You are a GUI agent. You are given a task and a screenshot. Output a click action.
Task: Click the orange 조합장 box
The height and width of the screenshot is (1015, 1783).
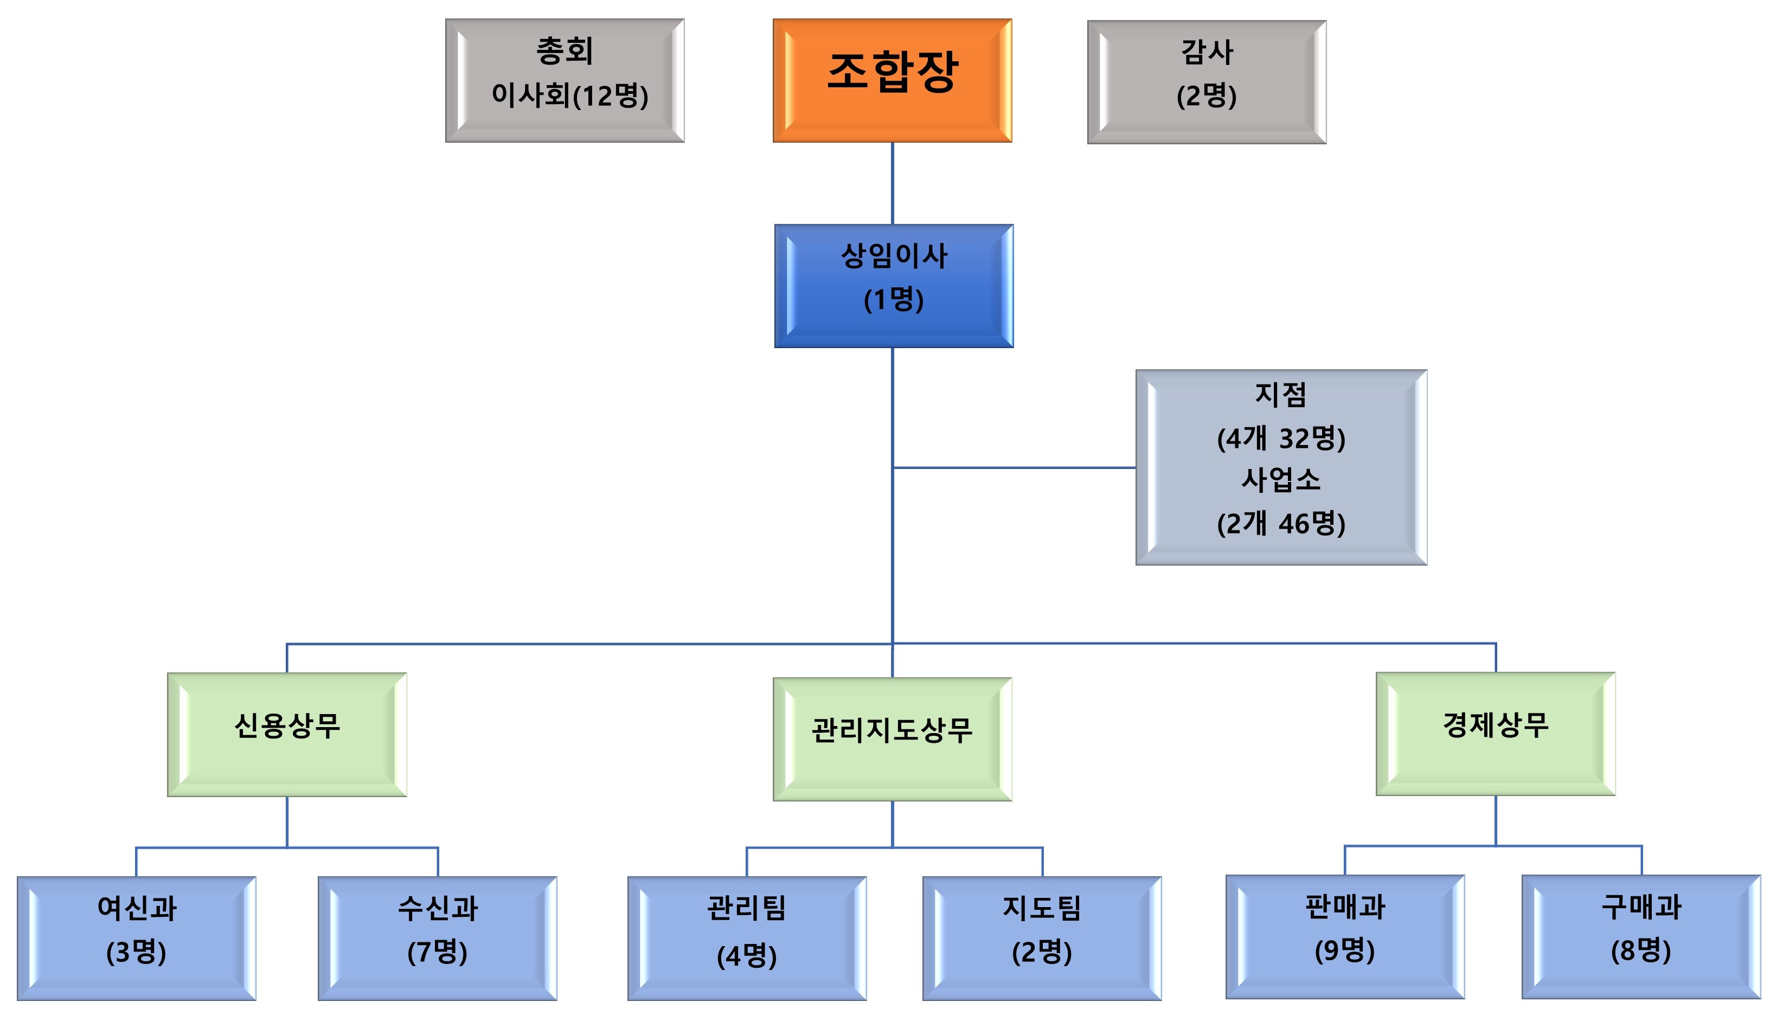click(892, 80)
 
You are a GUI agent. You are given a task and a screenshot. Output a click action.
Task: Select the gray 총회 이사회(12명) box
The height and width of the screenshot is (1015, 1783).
click(565, 80)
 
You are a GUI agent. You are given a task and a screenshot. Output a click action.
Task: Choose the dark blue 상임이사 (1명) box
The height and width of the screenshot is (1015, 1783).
click(894, 285)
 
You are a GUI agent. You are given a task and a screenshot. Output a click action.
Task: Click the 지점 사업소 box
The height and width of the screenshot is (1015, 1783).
click(1281, 467)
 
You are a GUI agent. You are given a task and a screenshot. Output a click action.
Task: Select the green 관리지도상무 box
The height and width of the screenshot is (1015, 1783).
click(892, 739)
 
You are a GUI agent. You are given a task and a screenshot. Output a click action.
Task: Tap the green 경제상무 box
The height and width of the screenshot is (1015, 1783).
click(1495, 734)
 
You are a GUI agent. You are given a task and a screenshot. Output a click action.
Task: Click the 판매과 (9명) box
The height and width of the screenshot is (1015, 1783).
click(1344, 936)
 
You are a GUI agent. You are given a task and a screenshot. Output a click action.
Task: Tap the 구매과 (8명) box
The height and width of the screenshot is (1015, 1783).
click(1641, 936)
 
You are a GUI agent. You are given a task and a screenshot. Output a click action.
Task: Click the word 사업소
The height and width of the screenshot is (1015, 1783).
click(1281, 480)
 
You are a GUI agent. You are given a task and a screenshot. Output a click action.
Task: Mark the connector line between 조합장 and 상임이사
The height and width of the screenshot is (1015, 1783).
click(892, 183)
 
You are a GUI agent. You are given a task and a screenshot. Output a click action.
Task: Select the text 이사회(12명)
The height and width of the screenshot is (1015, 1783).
click(569, 95)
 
